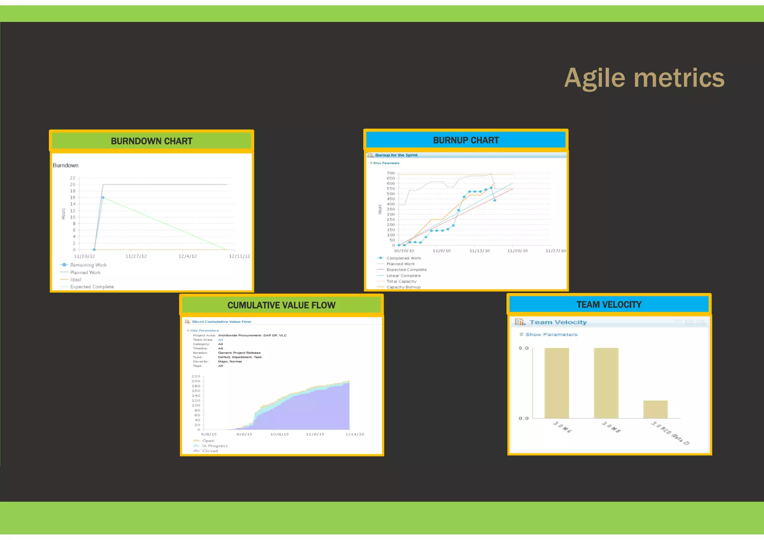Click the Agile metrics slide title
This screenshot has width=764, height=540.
coord(644,78)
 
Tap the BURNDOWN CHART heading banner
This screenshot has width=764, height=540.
coord(151,141)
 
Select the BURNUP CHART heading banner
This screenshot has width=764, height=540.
coord(466,140)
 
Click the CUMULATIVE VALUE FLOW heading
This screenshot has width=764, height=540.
coord(281,305)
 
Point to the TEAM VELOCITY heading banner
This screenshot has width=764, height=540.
coord(609,305)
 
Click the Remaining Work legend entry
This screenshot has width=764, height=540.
coord(88,265)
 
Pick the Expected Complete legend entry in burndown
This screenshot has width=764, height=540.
coord(92,287)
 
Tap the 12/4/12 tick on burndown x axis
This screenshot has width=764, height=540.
coord(188,256)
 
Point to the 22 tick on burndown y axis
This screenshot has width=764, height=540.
coord(72,178)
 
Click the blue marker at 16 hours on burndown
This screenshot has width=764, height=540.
coord(103,197)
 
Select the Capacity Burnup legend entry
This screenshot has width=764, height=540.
coord(403,287)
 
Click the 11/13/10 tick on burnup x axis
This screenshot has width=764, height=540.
coord(479,251)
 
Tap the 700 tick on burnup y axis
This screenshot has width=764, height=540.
coord(391,173)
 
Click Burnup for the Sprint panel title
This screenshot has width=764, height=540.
coord(396,155)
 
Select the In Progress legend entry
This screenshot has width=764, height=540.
coord(215,446)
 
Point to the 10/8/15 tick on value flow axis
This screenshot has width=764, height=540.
coord(279,434)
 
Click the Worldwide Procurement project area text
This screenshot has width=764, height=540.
coord(252,335)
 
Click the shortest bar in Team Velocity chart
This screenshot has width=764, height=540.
coord(655,409)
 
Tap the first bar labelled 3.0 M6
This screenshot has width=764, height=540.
coord(557,383)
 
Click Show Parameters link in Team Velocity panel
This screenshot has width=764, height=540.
coord(551,334)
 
